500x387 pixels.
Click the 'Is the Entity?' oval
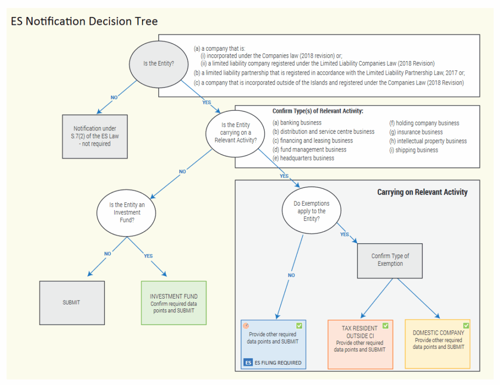[x=158, y=63]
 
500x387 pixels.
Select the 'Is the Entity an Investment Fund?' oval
[x=127, y=213]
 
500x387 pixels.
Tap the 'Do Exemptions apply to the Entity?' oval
[x=312, y=211]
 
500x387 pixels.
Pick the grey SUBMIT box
[x=71, y=302]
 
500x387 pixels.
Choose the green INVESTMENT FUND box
[x=174, y=303]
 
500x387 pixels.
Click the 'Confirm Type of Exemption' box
[x=390, y=260]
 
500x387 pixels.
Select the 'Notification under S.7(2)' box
[x=95, y=136]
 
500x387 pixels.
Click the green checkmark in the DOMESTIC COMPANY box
[x=466, y=325]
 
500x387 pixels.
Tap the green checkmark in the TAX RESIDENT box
[x=385, y=325]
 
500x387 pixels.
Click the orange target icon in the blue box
[x=246, y=325]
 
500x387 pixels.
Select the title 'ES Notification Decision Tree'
[x=84, y=21]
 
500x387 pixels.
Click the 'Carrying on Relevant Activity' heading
[x=422, y=192]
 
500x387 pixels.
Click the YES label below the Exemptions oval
[x=344, y=235]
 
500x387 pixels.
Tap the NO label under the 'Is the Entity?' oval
[x=114, y=98]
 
